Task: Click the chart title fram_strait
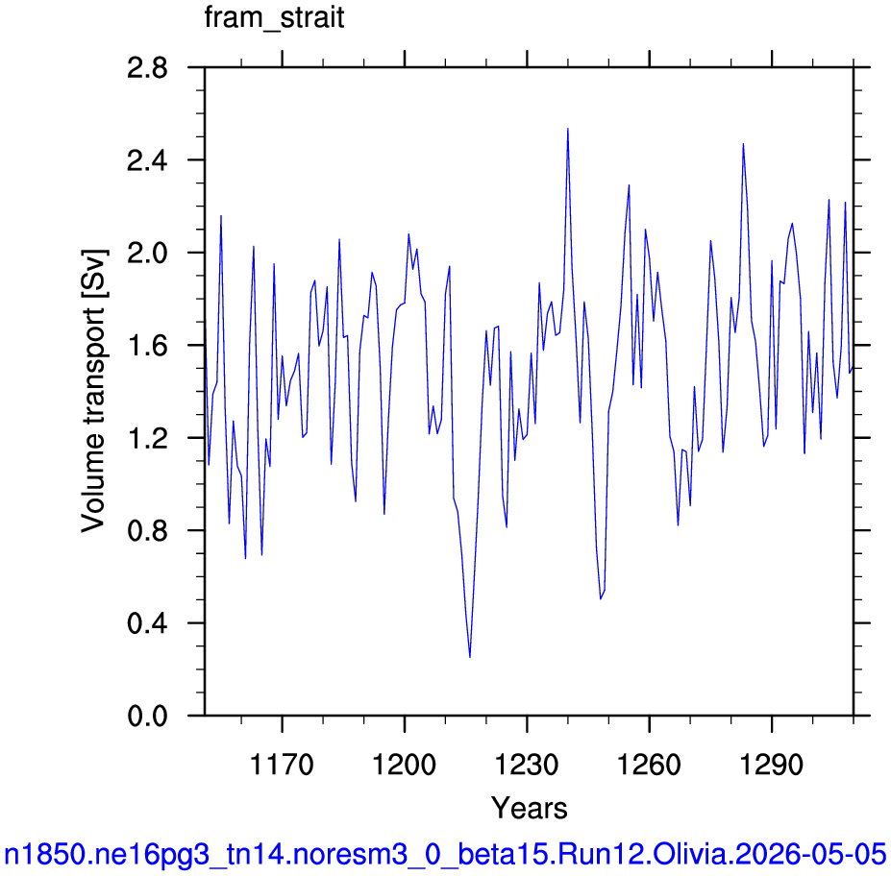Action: tap(274, 18)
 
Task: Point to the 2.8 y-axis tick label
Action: tap(147, 68)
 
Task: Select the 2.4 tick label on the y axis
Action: tap(147, 160)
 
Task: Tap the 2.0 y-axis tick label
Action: tap(147, 254)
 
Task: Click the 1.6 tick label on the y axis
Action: tap(147, 346)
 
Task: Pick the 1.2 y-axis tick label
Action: tap(147, 438)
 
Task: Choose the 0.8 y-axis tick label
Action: tap(147, 531)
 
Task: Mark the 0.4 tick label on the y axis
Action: tap(147, 623)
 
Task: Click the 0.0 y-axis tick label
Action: tap(147, 716)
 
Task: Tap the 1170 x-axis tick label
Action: tap(282, 765)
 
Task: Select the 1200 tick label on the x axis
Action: tap(404, 765)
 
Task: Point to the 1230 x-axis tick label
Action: tap(527, 765)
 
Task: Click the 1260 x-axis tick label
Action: tap(649, 765)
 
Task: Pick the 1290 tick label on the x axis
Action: tap(772, 765)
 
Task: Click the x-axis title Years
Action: tap(529, 808)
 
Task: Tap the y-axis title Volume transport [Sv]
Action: tap(94, 391)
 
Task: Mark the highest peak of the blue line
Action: tap(568, 129)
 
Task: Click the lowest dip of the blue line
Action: tap(470, 657)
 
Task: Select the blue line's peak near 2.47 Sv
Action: tap(743, 144)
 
